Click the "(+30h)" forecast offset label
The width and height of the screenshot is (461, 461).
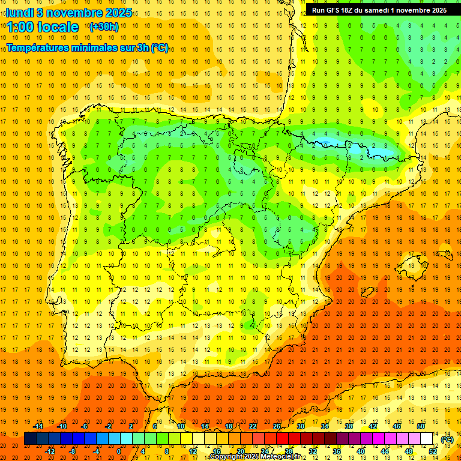104,27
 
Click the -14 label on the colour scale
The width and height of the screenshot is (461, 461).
38,426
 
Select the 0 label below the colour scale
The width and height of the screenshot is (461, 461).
119,451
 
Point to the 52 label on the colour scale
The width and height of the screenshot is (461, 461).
433,451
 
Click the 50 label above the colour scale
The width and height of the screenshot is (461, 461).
421,426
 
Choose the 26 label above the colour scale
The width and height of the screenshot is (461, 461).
277,426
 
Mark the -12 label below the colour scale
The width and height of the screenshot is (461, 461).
50,451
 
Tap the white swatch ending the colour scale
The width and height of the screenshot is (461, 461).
427,439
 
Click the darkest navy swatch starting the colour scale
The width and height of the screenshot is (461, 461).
30,439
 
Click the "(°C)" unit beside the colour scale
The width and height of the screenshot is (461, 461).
447,439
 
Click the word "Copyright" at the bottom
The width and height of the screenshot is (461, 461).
226,457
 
